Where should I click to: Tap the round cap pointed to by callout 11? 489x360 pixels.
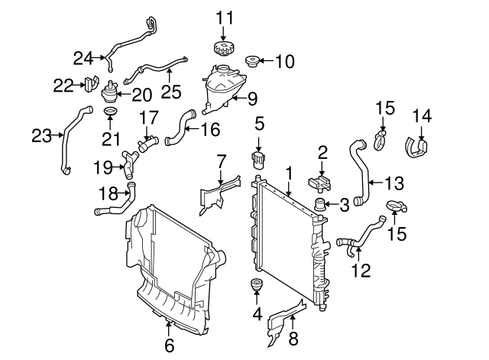click(x=222, y=48)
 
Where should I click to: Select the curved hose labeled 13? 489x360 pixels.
click(x=359, y=170)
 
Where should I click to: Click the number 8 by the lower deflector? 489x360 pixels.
click(x=292, y=339)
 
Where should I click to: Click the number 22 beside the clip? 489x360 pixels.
click(x=63, y=84)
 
